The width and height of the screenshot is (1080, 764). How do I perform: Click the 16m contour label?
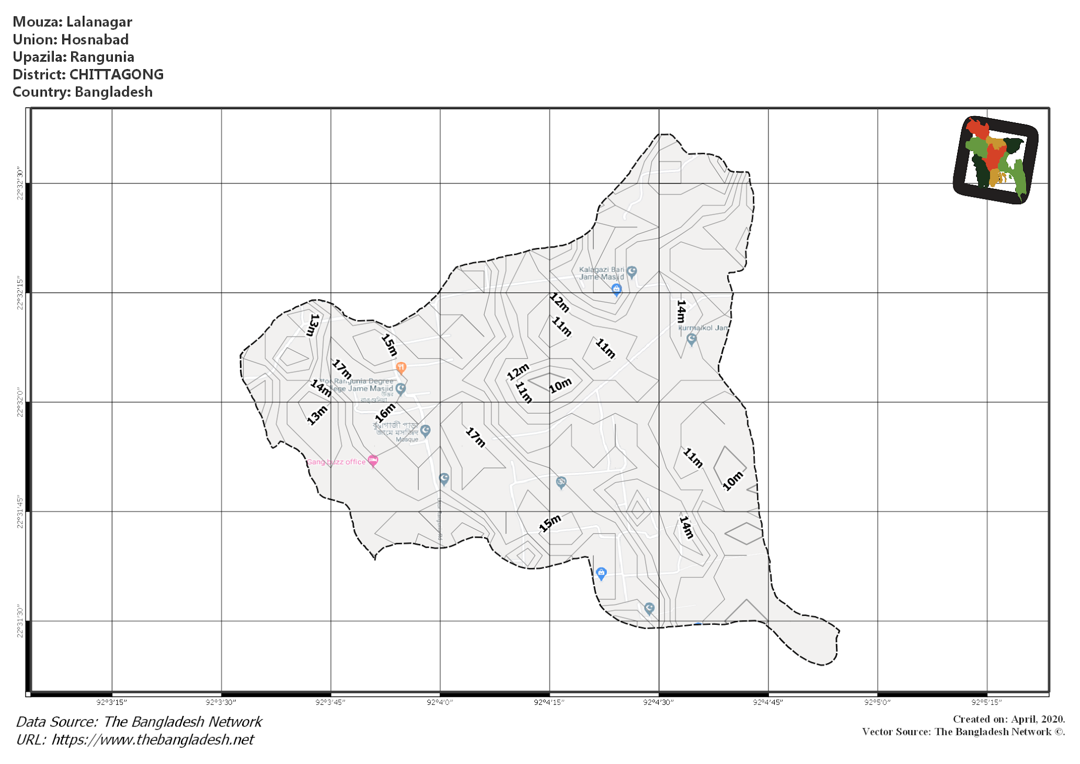[385, 412]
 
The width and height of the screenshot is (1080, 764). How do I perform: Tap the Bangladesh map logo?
[996, 160]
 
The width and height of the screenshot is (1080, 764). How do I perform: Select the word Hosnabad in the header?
[95, 40]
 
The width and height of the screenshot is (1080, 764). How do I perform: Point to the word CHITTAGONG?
[117, 74]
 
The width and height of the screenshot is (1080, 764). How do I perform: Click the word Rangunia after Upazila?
[102, 57]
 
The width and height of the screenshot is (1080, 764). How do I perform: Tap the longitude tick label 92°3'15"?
[112, 702]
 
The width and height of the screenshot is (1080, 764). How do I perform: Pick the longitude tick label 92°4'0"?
[440, 702]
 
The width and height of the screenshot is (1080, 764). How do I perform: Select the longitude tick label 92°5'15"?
[986, 702]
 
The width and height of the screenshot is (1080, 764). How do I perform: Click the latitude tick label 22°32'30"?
[20, 183]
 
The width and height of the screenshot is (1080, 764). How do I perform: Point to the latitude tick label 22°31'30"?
[20, 622]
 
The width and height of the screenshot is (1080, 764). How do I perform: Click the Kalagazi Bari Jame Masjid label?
[601, 273]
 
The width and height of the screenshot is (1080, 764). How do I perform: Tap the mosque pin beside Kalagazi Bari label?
[632, 272]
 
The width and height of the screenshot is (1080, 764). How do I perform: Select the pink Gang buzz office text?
[336, 462]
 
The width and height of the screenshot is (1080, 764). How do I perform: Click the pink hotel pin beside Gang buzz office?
[373, 461]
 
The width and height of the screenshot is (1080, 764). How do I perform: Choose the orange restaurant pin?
[401, 367]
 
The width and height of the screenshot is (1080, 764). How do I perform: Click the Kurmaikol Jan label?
[702, 328]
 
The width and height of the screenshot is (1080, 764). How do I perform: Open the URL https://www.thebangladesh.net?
[152, 740]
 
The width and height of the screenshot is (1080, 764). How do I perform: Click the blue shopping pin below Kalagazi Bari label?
[616, 289]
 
